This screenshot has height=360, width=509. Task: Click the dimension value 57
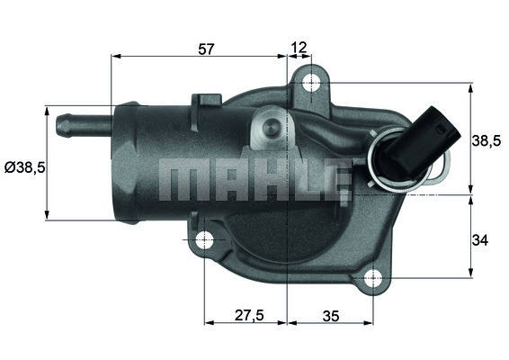(206, 49)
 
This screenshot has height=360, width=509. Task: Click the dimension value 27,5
(246, 316)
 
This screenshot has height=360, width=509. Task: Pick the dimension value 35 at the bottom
(329, 316)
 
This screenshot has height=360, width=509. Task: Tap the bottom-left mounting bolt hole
(205, 240)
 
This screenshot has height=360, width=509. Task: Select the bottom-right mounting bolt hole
(371, 279)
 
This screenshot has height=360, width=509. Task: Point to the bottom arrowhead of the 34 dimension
(471, 274)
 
